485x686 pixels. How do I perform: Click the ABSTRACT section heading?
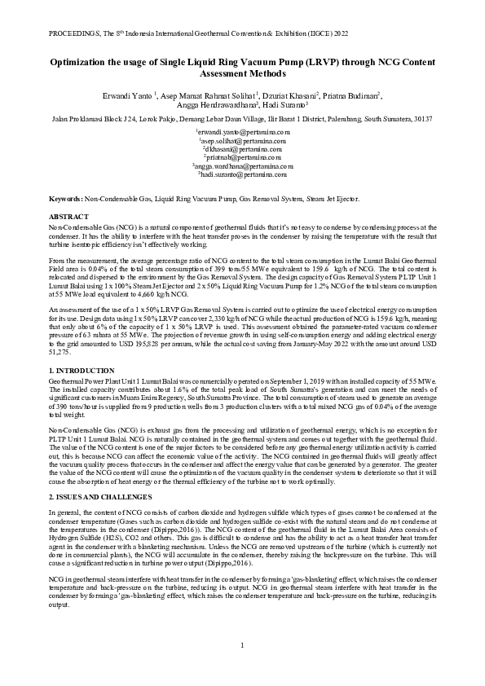(x=67, y=216)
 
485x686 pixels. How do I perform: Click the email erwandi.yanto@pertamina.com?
(x=243, y=131)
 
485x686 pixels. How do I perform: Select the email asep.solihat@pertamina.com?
(x=243, y=140)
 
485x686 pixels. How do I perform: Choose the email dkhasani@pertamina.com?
(x=243, y=149)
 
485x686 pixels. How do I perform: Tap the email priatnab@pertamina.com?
(x=243, y=157)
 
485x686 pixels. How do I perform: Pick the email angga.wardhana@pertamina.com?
(x=243, y=166)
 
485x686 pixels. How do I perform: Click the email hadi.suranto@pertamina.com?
(x=243, y=174)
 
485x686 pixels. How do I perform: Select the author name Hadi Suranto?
(x=283, y=105)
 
